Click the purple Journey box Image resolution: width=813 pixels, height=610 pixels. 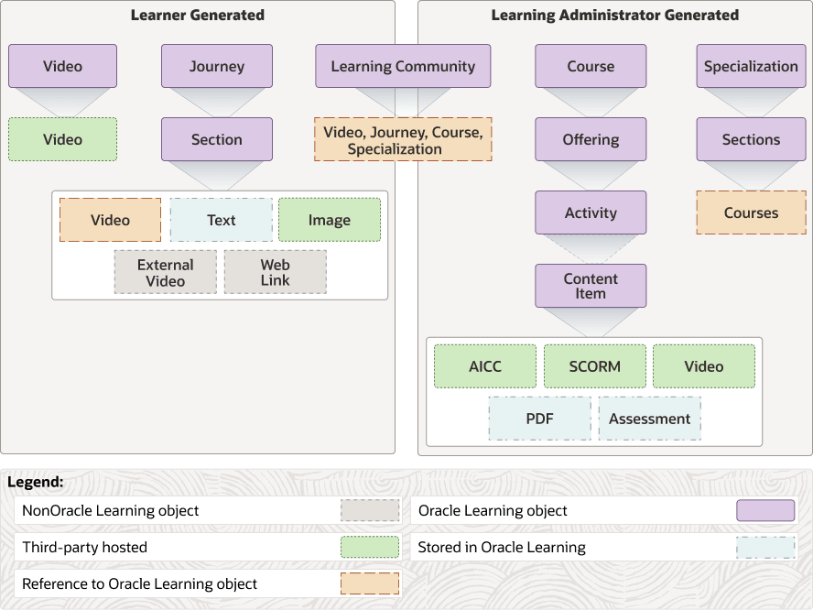tap(217, 66)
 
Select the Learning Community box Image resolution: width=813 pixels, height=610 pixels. tap(403, 66)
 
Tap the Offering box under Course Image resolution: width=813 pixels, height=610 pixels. tap(591, 139)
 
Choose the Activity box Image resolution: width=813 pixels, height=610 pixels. tap(591, 212)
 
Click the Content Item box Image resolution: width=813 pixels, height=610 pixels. tap(591, 286)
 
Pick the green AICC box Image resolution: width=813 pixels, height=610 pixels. tap(485, 366)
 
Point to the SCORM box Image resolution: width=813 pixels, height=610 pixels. tap(595, 366)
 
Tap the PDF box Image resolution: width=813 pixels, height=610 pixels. tap(540, 419)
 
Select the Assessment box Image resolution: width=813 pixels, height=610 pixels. tap(650, 419)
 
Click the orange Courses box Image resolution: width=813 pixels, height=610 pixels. tap(752, 212)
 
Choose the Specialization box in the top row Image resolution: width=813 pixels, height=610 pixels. tap(752, 66)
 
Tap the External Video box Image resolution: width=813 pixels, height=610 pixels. tap(166, 272)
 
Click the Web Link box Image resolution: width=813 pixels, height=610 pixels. tap(276, 272)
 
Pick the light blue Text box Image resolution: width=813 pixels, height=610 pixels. tap(222, 220)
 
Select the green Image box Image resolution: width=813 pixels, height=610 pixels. tap(330, 220)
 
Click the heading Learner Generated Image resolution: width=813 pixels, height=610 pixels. tap(198, 15)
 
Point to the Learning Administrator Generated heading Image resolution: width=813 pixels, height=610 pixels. tap(615, 15)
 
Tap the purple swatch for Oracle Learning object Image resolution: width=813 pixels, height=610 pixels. tap(765, 510)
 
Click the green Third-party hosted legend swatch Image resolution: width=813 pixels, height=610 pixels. tap(370, 547)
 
